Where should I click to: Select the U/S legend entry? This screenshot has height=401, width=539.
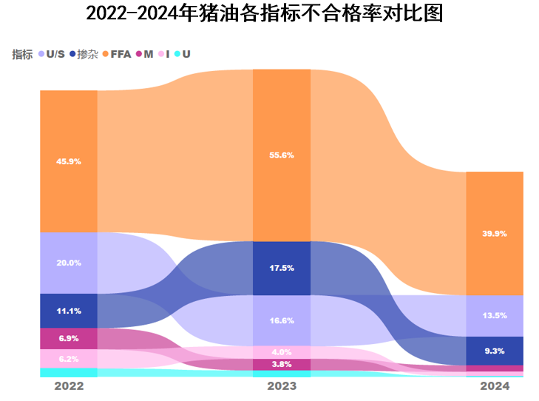(51, 54)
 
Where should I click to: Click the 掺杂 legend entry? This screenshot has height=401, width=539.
(84, 54)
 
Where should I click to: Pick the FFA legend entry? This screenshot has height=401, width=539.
(116, 54)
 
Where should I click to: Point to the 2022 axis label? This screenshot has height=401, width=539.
(69, 386)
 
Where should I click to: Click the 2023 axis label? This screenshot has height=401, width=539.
(282, 386)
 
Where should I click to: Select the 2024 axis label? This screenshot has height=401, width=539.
(495, 386)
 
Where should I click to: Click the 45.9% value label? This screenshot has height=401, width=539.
(69, 161)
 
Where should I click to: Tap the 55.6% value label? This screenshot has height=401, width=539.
(282, 155)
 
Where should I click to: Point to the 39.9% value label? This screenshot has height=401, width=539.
(495, 233)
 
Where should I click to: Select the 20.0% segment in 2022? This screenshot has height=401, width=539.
(69, 263)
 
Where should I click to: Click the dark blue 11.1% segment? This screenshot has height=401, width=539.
(69, 311)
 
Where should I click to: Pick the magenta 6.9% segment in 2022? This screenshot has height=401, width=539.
(69, 338)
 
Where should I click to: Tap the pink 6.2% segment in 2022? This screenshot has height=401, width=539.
(69, 359)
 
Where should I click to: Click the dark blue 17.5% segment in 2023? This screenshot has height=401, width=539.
(282, 268)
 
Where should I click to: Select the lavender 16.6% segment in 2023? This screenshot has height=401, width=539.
(282, 320)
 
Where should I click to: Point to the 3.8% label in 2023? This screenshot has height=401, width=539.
(282, 364)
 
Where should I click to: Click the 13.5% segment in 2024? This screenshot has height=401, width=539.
(495, 316)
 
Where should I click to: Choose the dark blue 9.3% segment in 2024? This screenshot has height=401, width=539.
(495, 351)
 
